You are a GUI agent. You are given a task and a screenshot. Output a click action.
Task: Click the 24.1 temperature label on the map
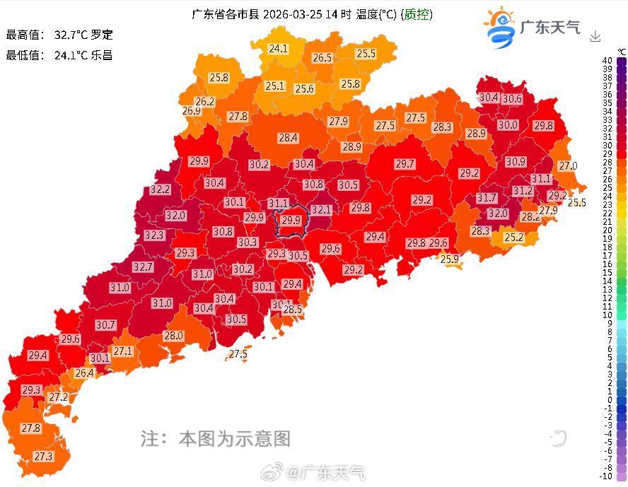pyautogui.click(x=278, y=49)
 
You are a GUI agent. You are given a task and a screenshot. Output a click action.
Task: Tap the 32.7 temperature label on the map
pyautogui.click(x=143, y=266)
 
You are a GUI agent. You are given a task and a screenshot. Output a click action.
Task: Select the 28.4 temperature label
pyautogui.click(x=288, y=138)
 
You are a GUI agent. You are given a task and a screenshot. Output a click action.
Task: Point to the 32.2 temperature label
pyautogui.click(x=161, y=189)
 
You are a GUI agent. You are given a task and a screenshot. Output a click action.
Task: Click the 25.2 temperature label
pyautogui.click(x=513, y=237)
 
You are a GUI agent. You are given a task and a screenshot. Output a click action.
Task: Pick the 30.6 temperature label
pyautogui.click(x=512, y=99)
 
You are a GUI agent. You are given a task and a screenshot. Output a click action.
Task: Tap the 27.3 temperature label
pyautogui.click(x=43, y=457)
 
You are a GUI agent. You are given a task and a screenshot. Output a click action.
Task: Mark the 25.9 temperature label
pyautogui.click(x=450, y=259)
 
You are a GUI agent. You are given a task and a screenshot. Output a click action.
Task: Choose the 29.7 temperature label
pyautogui.click(x=405, y=164)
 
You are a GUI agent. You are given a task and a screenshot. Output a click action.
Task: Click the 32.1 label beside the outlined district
pyautogui.click(x=321, y=210)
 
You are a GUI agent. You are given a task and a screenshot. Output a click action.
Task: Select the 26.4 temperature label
pyautogui.click(x=84, y=373)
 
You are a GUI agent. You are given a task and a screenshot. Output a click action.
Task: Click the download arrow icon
pyautogui.click(x=595, y=36)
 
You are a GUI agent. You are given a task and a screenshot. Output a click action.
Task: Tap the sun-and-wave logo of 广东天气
pyautogui.click(x=500, y=27)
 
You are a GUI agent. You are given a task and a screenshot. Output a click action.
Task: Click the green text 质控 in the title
pyautogui.click(x=417, y=14)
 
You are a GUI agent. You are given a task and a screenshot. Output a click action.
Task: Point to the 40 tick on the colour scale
pyautogui.click(x=607, y=61)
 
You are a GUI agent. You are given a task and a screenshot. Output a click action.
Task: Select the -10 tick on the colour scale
pyautogui.click(x=606, y=476)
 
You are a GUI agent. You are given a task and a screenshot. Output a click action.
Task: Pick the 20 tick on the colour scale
pyautogui.click(x=607, y=230)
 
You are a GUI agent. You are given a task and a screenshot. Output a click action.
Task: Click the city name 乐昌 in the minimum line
pyautogui.click(x=102, y=55)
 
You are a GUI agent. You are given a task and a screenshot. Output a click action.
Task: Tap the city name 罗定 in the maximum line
pyautogui.click(x=102, y=35)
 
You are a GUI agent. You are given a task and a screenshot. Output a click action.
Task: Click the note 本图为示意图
pyautogui.click(x=234, y=438)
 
